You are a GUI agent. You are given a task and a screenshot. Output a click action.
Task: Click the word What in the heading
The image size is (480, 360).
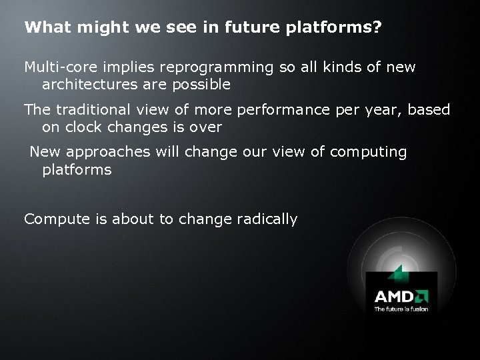coord(43,28)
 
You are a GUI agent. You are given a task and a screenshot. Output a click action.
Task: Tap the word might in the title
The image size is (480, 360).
coord(90,29)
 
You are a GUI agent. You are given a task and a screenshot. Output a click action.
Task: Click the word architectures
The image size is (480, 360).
coord(92,85)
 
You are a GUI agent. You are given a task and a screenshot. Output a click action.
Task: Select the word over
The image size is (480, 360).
coord(205,127)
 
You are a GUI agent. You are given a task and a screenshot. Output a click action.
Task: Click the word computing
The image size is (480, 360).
coord(368,152)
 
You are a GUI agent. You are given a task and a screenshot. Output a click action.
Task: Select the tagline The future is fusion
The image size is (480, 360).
coord(401,309)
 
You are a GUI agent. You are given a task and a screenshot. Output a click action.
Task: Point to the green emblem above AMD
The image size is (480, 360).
coord(398,273)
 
